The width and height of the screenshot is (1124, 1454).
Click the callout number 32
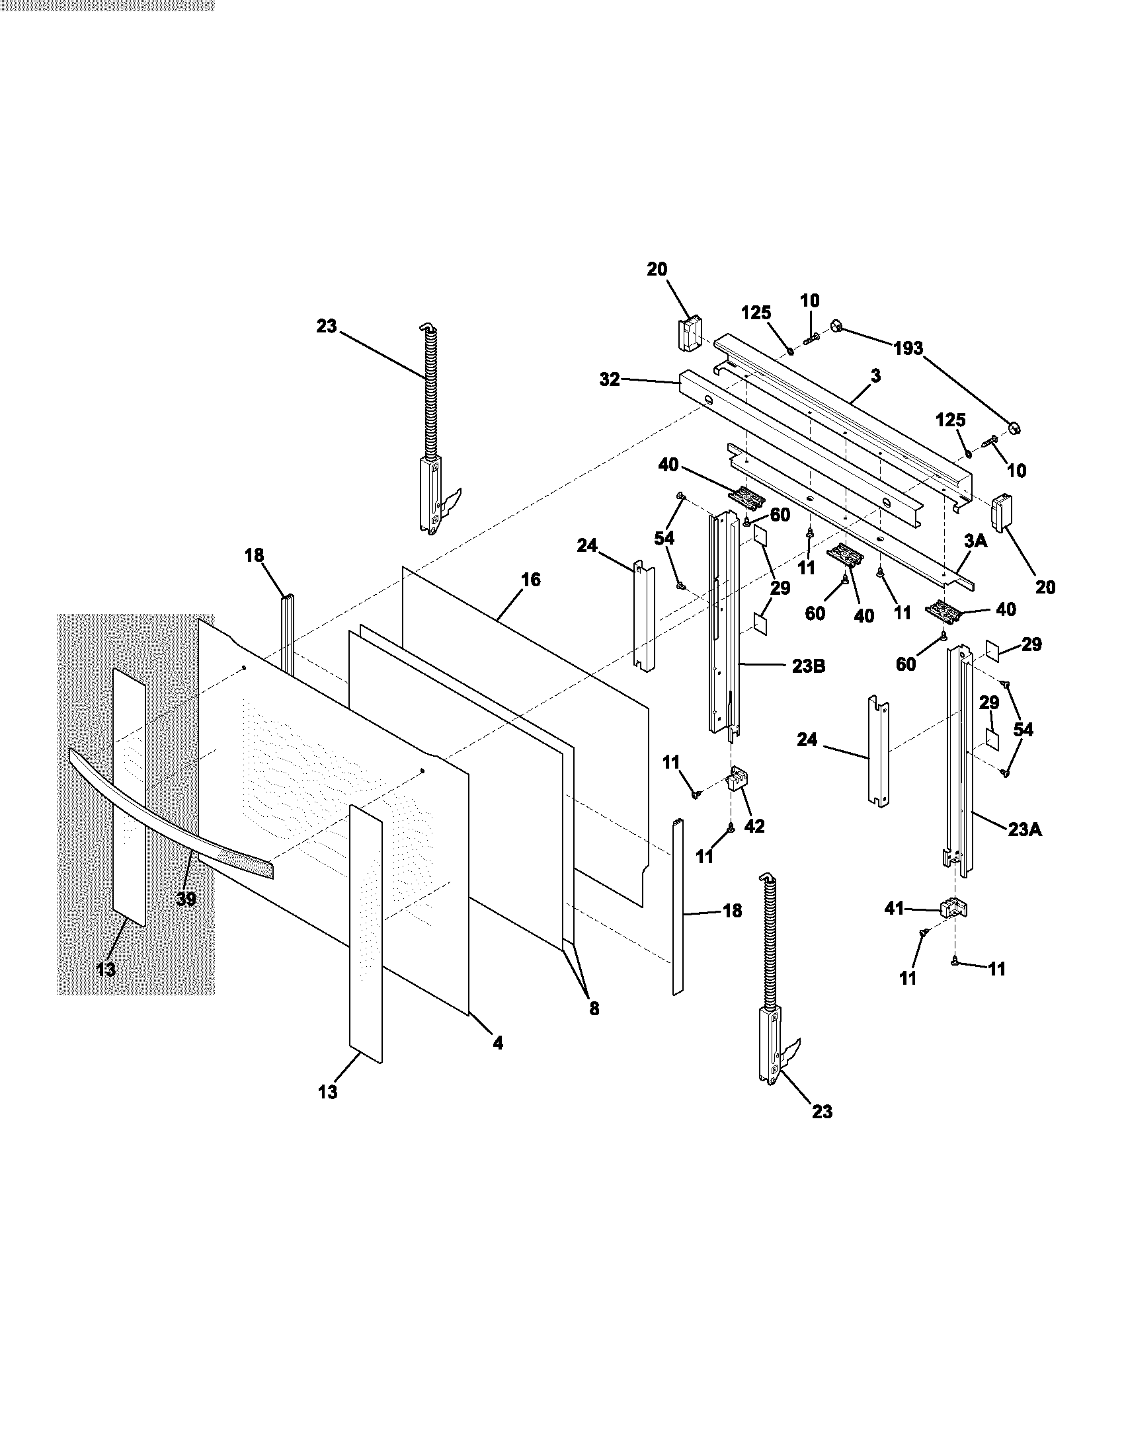pyautogui.click(x=610, y=379)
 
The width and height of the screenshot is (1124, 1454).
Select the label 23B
pyautogui.click(x=809, y=666)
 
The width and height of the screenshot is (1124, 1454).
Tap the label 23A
pyautogui.click(x=1025, y=829)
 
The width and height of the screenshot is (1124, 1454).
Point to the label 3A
pyautogui.click(x=975, y=541)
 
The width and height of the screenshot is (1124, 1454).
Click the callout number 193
pyautogui.click(x=908, y=348)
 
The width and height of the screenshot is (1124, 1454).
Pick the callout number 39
pyautogui.click(x=186, y=899)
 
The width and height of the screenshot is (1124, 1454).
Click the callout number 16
pyautogui.click(x=531, y=580)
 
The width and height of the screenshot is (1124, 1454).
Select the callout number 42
pyautogui.click(x=754, y=825)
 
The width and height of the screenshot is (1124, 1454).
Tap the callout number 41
pyautogui.click(x=894, y=908)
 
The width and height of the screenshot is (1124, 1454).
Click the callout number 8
pyautogui.click(x=594, y=1009)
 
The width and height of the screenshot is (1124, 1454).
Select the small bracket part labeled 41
pyautogui.click(x=953, y=908)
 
